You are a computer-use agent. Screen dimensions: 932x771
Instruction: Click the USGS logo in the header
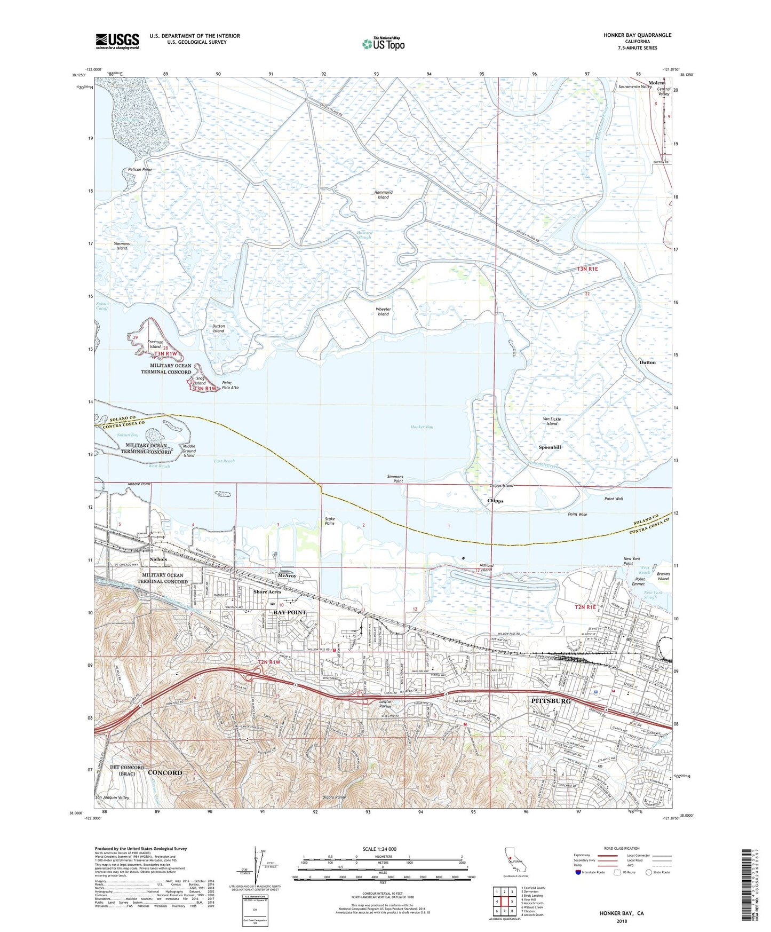tap(117, 41)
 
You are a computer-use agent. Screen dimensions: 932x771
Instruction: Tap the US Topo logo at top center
tap(383, 44)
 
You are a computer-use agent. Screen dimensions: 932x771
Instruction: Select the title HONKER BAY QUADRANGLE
tap(637, 35)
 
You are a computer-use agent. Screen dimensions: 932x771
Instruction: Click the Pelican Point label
tap(140, 170)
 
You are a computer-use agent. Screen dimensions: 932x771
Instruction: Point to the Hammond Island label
tap(383, 195)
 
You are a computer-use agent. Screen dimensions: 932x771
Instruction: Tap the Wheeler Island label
tap(383, 312)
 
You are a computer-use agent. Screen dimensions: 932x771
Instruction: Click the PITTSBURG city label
tap(551, 701)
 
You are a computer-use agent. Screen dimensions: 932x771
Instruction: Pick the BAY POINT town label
tap(290, 612)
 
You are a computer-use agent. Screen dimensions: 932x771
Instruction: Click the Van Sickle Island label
tap(552, 422)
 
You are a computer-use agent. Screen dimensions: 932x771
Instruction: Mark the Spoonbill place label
tap(550, 447)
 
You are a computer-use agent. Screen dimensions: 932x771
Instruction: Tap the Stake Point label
tap(330, 521)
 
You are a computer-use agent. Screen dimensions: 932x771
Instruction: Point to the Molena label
tap(657, 83)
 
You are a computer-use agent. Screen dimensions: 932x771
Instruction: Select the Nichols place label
tap(158, 559)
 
